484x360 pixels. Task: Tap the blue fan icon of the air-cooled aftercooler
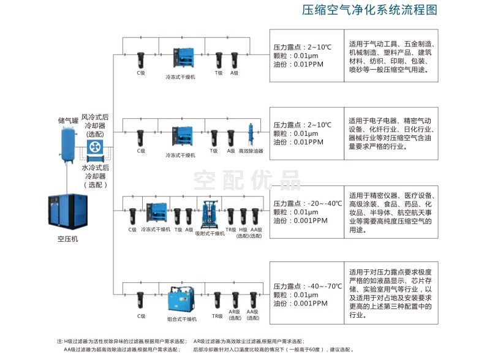point(96,147)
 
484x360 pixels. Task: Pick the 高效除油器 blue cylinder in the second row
point(251,136)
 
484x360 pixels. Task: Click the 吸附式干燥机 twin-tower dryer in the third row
point(206,214)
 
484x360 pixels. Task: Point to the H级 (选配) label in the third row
point(243,232)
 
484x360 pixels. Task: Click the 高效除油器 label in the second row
point(251,151)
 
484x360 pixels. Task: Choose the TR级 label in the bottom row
point(217,316)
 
